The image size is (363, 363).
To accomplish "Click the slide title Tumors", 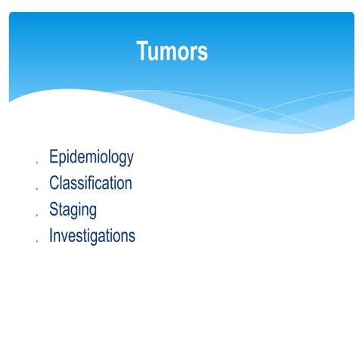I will click(x=172, y=51).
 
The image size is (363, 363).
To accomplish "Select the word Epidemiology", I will click(x=92, y=157).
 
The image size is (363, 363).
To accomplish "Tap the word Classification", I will click(x=91, y=183).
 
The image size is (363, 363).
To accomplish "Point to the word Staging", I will click(x=73, y=209).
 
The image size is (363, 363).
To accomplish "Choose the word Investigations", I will click(x=92, y=235).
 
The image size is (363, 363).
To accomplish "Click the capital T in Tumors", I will click(x=143, y=51).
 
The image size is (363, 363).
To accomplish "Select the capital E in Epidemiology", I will click(x=54, y=157).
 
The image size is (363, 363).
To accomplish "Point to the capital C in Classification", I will click(x=54, y=183).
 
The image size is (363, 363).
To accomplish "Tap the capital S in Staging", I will click(x=54, y=209).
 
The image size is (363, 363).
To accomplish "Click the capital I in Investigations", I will click(x=51, y=235).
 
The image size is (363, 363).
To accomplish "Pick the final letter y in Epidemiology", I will click(x=130, y=160).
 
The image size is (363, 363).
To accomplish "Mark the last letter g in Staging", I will click(x=92, y=211).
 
